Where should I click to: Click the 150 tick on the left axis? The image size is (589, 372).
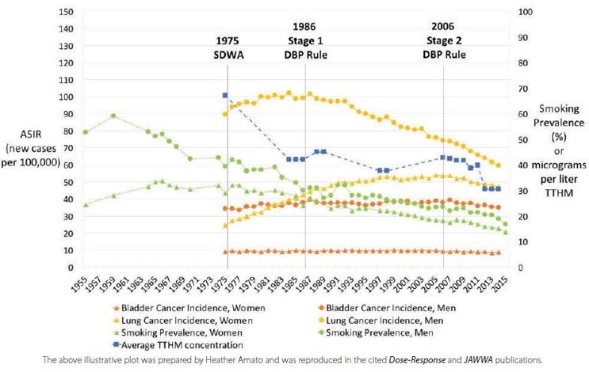point(67,12)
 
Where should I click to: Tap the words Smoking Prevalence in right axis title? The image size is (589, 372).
point(554,116)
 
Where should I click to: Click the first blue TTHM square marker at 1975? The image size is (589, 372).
point(225,96)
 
